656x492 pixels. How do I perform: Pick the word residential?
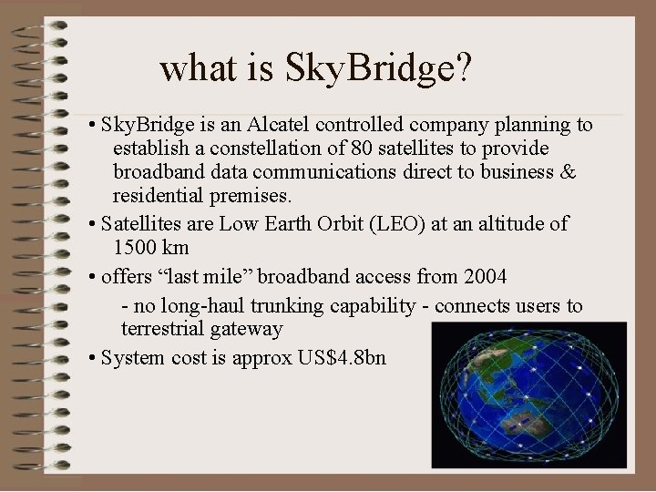(158, 195)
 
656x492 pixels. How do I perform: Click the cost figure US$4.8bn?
(342, 357)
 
